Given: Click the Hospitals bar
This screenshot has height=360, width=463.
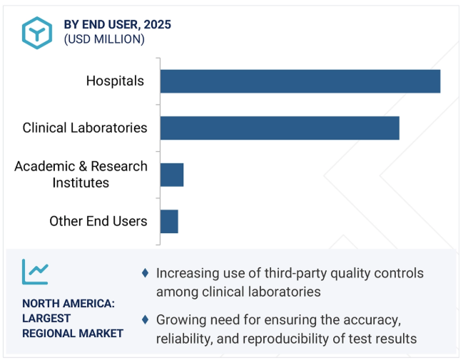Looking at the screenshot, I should [300, 81].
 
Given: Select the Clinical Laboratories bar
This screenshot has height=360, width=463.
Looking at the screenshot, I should [279, 128].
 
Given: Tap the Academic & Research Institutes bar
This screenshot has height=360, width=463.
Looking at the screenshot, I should [172, 175].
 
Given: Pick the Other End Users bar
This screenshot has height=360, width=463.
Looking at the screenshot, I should [169, 221].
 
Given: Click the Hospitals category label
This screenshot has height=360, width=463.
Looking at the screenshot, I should [115, 81].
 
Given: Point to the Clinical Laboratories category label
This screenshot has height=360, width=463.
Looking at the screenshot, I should [85, 128].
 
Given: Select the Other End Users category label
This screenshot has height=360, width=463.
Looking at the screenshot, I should [98, 221].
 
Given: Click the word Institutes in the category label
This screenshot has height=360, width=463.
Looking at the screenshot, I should [81, 182].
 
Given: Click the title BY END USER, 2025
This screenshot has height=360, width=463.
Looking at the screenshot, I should [117, 25].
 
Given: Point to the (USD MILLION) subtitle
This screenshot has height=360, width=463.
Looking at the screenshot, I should [104, 39].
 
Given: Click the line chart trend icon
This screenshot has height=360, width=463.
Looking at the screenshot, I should [35, 271].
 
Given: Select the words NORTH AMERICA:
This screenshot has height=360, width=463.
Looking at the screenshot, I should [68, 303].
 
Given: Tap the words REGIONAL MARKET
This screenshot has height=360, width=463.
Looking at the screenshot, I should [73, 333].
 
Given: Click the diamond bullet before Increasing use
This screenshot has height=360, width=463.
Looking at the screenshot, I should [146, 273].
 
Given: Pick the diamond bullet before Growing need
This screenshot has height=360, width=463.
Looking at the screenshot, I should [146, 319].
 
